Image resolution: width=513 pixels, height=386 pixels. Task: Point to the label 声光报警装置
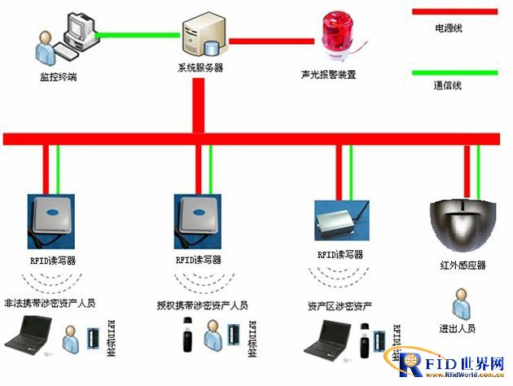(x=328, y=75)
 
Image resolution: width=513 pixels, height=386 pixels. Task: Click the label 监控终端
(x=59, y=77)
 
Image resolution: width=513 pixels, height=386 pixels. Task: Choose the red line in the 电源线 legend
(x=453, y=11)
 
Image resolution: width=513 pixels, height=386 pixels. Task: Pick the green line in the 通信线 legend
(x=453, y=72)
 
